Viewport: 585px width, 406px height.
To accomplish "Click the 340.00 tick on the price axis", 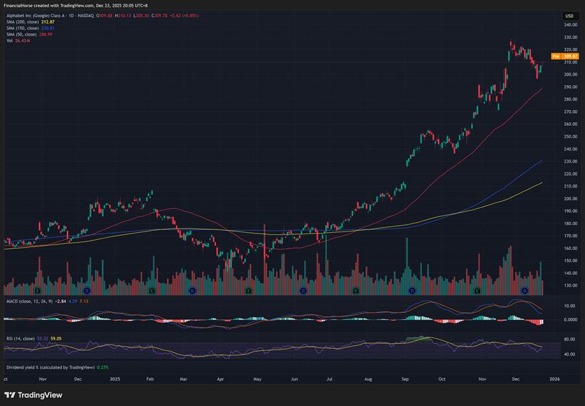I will pyautogui.click(x=570, y=25).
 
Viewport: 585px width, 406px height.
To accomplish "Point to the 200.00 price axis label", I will pyautogui.click(x=570, y=198).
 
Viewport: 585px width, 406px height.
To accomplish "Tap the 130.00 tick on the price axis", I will pyautogui.click(x=570, y=285).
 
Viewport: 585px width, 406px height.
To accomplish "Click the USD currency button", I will pyautogui.click(x=569, y=16).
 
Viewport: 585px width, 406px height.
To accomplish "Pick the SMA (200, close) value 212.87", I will pyautogui.click(x=48, y=22).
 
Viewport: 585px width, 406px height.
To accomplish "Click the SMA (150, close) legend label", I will pyautogui.click(x=22, y=28).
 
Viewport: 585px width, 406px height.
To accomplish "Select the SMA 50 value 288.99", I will pyautogui.click(x=46, y=34).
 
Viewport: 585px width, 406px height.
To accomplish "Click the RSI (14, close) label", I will pyautogui.click(x=21, y=338).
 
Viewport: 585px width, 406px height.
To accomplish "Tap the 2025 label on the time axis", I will pyautogui.click(x=115, y=378).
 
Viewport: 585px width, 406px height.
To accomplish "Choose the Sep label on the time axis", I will pyautogui.click(x=405, y=378).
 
